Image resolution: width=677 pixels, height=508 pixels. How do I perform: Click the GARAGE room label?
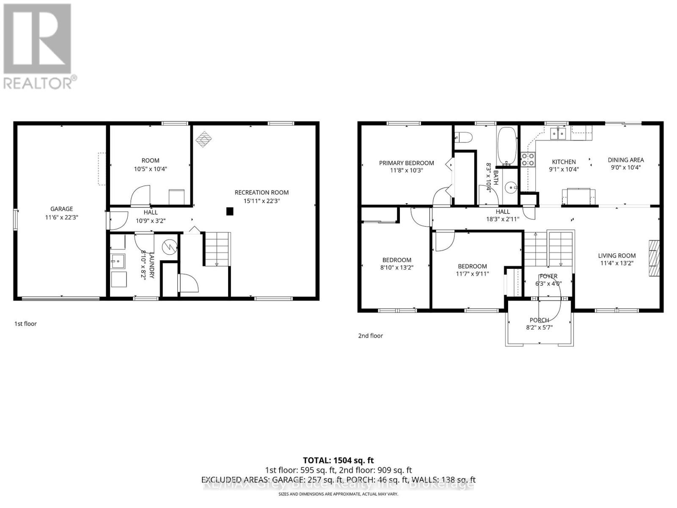(x=62, y=209)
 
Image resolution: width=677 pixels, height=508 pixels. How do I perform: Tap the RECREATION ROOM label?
(x=261, y=193)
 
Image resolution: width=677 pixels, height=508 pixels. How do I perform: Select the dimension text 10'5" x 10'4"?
(x=150, y=168)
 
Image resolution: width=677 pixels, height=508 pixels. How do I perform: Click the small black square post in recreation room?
(x=230, y=211)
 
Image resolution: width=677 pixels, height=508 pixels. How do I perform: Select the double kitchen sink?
(x=558, y=133)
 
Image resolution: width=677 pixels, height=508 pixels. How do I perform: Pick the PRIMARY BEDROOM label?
(x=406, y=163)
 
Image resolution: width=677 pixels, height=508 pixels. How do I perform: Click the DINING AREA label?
(x=625, y=160)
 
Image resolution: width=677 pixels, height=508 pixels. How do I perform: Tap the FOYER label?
(x=548, y=276)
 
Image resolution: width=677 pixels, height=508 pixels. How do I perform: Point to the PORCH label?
(x=539, y=320)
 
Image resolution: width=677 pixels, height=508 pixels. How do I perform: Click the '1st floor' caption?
(x=26, y=324)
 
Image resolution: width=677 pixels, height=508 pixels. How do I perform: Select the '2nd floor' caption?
(x=370, y=336)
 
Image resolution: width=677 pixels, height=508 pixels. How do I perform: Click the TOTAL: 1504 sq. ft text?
(x=338, y=460)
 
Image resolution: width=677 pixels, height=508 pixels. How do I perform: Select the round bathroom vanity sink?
(x=511, y=187)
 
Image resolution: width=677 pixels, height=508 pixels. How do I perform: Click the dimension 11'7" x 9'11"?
(x=472, y=273)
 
